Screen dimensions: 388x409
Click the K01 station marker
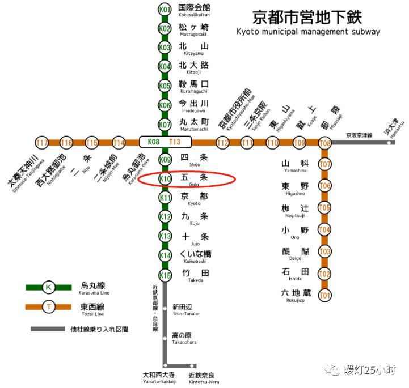click(165, 9)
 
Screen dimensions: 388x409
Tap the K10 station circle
click(165, 179)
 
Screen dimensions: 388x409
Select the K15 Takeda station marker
click(165, 275)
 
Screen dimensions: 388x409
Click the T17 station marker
click(42, 142)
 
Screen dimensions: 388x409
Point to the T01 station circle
click(324, 295)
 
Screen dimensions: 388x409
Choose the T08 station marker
click(324, 143)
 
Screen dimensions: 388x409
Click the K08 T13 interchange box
click(165, 142)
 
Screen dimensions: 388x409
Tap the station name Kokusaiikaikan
click(195, 11)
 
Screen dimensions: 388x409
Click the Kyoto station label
click(195, 198)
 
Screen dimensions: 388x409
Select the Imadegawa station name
click(195, 106)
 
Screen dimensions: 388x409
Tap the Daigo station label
click(294, 254)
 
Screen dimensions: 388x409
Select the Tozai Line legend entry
click(92, 308)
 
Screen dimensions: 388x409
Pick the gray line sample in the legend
click(48, 329)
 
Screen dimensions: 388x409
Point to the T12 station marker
click(222, 142)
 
